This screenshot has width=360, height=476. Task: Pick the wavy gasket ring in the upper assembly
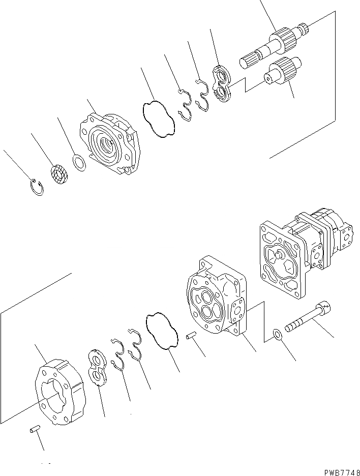click(x=159, y=119)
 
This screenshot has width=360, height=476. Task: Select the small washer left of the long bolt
click(x=277, y=335)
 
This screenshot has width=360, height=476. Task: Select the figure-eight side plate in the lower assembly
click(x=97, y=367)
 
